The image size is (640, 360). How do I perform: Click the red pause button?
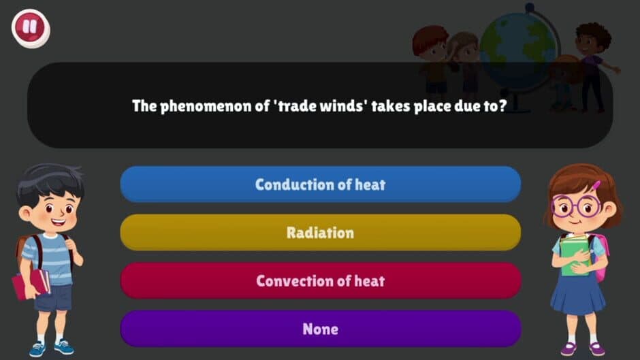point(31,28)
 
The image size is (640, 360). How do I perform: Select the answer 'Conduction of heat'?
point(320,184)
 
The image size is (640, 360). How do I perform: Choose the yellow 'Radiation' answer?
point(320,233)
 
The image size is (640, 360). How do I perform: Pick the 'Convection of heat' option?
point(320,281)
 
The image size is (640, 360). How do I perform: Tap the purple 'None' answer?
point(320,329)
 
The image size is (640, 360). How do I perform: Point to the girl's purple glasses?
point(576,205)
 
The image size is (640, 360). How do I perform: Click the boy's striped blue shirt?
point(49,257)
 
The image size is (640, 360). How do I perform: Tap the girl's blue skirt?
point(577,295)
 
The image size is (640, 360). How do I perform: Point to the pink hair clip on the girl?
point(596,185)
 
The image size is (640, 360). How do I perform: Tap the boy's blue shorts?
point(53,297)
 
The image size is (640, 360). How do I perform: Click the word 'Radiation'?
point(320,233)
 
